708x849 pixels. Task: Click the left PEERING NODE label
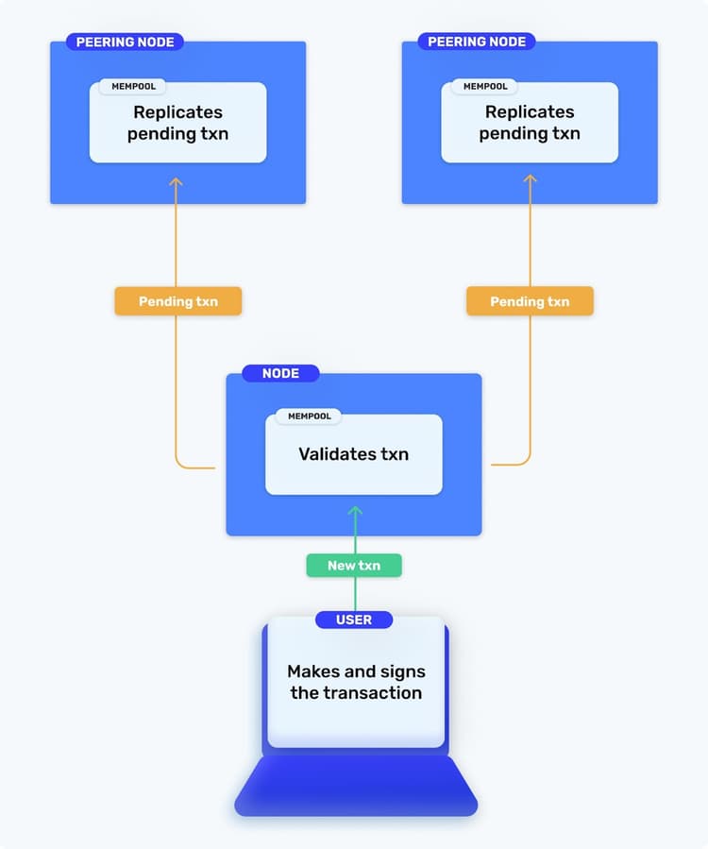coord(125,42)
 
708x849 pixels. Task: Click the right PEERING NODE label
coord(477,42)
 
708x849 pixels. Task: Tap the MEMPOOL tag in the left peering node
coord(133,86)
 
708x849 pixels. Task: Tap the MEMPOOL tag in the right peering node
coord(485,86)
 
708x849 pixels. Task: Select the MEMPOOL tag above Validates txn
coord(309,416)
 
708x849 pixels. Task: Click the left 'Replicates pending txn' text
coord(177,123)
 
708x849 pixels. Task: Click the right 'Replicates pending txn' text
coord(530,123)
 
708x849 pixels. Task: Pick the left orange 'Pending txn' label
coord(177,301)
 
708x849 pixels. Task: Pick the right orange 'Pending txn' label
coord(530,301)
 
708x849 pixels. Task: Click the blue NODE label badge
coord(280,373)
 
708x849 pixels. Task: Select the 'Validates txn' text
coord(354,454)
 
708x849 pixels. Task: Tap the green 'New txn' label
coord(354,566)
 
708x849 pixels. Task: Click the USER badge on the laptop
coord(354,620)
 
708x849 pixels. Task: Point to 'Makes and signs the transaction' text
coord(356,682)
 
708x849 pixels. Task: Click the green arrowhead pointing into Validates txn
coord(355,511)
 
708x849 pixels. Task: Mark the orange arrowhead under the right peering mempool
coord(530,179)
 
